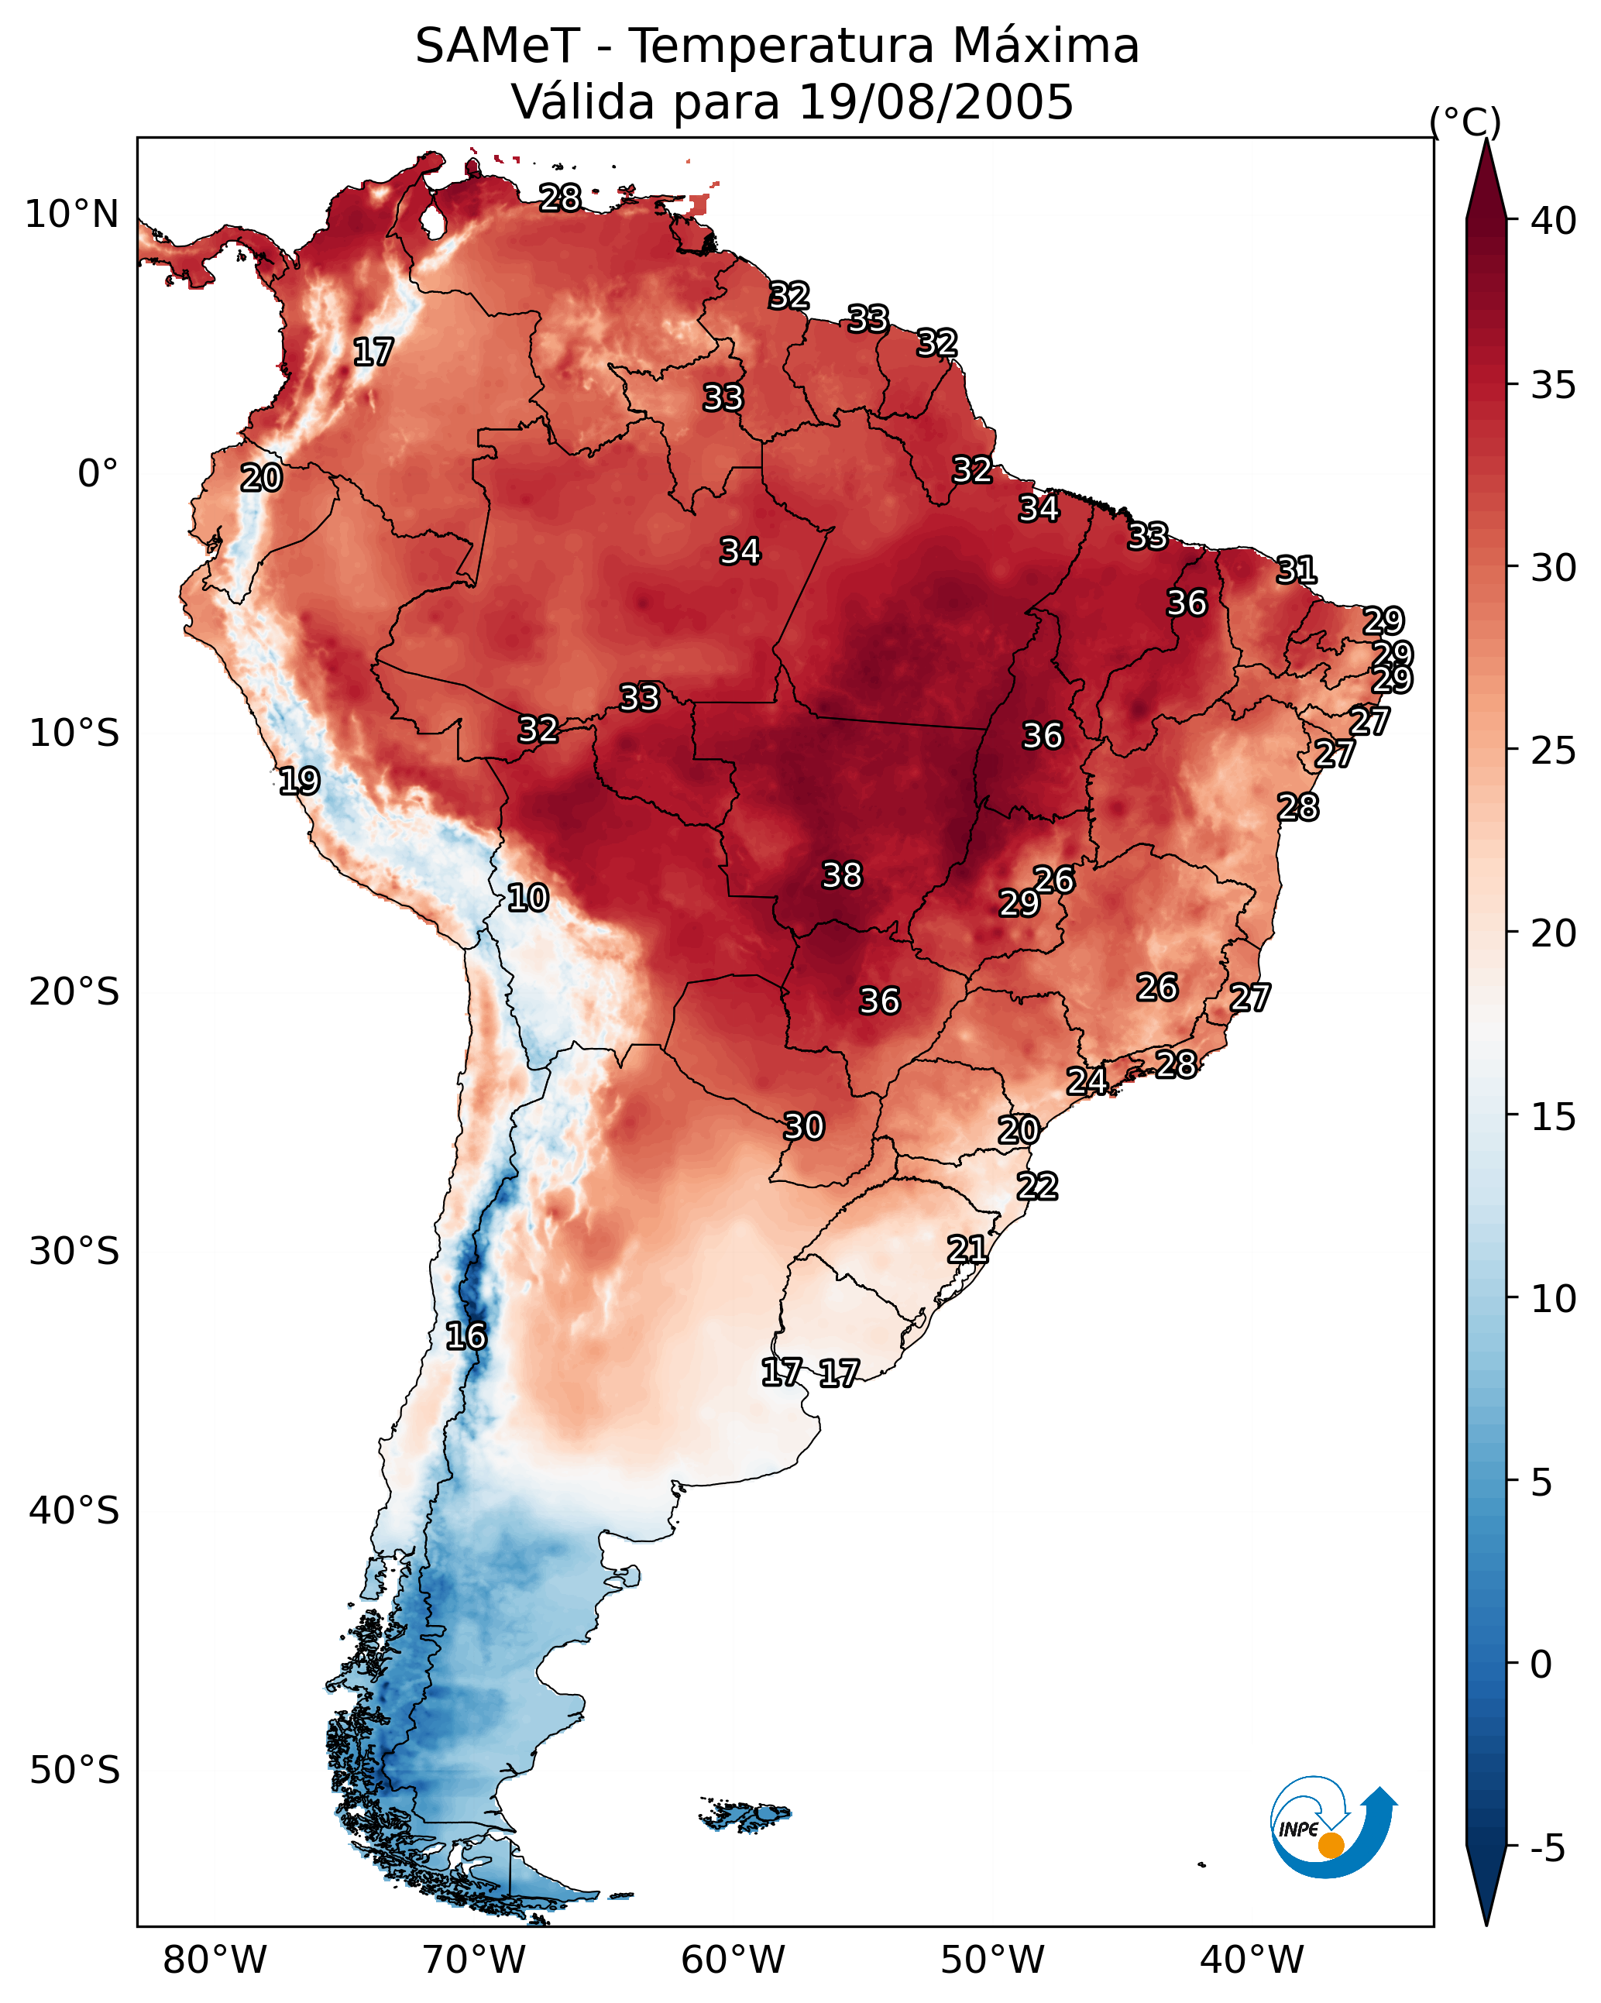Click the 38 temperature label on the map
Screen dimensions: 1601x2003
(x=842, y=875)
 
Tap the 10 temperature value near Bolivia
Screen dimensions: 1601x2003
(x=527, y=898)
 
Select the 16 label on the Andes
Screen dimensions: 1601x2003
(x=466, y=1336)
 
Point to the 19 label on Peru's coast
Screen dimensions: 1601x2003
(x=299, y=781)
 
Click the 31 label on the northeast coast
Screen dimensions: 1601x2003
(x=1297, y=569)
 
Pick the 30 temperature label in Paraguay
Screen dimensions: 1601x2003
(x=804, y=1126)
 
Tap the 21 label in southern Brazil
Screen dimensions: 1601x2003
(x=967, y=1249)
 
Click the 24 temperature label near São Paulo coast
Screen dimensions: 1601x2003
(x=1086, y=1081)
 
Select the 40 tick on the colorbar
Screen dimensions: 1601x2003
(x=1554, y=221)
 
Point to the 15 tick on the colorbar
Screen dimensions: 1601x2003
(x=1554, y=1117)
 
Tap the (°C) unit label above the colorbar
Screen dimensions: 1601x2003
(x=1465, y=121)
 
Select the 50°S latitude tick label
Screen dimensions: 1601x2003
(x=74, y=1771)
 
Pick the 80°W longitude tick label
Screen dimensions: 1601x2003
(x=215, y=1960)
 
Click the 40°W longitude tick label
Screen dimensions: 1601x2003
(x=1252, y=1960)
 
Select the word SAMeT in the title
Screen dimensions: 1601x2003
(x=497, y=46)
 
